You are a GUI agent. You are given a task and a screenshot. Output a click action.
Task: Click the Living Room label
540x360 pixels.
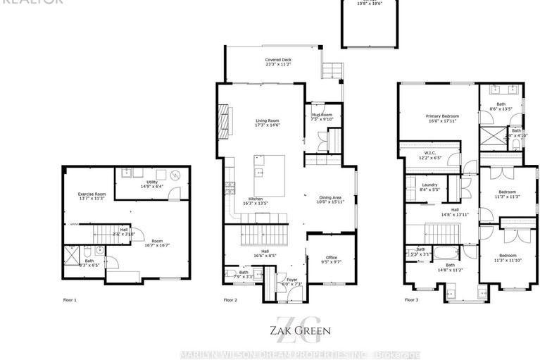click(267, 121)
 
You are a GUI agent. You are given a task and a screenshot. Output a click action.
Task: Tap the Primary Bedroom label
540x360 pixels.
click(442, 116)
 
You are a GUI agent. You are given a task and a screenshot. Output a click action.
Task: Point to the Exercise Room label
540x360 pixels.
click(92, 194)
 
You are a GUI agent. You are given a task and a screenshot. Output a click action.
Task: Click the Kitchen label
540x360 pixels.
click(256, 199)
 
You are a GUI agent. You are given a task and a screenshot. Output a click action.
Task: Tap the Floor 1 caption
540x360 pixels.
click(70, 299)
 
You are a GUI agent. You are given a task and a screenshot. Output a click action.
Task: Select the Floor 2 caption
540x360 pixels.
click(231, 299)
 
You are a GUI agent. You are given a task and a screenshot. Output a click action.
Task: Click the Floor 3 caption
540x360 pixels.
click(411, 299)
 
